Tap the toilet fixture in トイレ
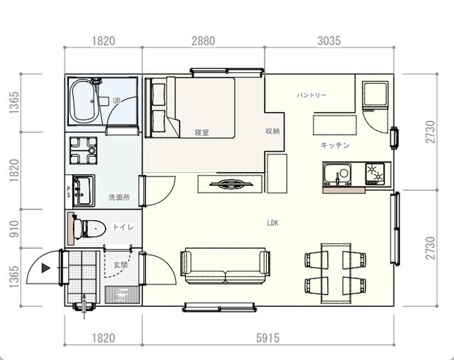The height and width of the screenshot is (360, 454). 91,227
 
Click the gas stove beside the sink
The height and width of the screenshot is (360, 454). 375,173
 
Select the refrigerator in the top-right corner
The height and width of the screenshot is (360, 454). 374,96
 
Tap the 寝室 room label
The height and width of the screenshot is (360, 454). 201,133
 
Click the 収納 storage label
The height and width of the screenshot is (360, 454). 272,131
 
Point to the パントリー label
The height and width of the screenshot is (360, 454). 311,95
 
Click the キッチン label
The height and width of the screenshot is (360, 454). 335,145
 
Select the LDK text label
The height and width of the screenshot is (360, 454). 272,223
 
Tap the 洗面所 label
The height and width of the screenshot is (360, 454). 118,196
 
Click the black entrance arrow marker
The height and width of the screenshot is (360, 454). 45,268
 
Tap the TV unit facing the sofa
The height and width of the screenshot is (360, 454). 229,184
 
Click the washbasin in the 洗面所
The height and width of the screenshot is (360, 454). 83,187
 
